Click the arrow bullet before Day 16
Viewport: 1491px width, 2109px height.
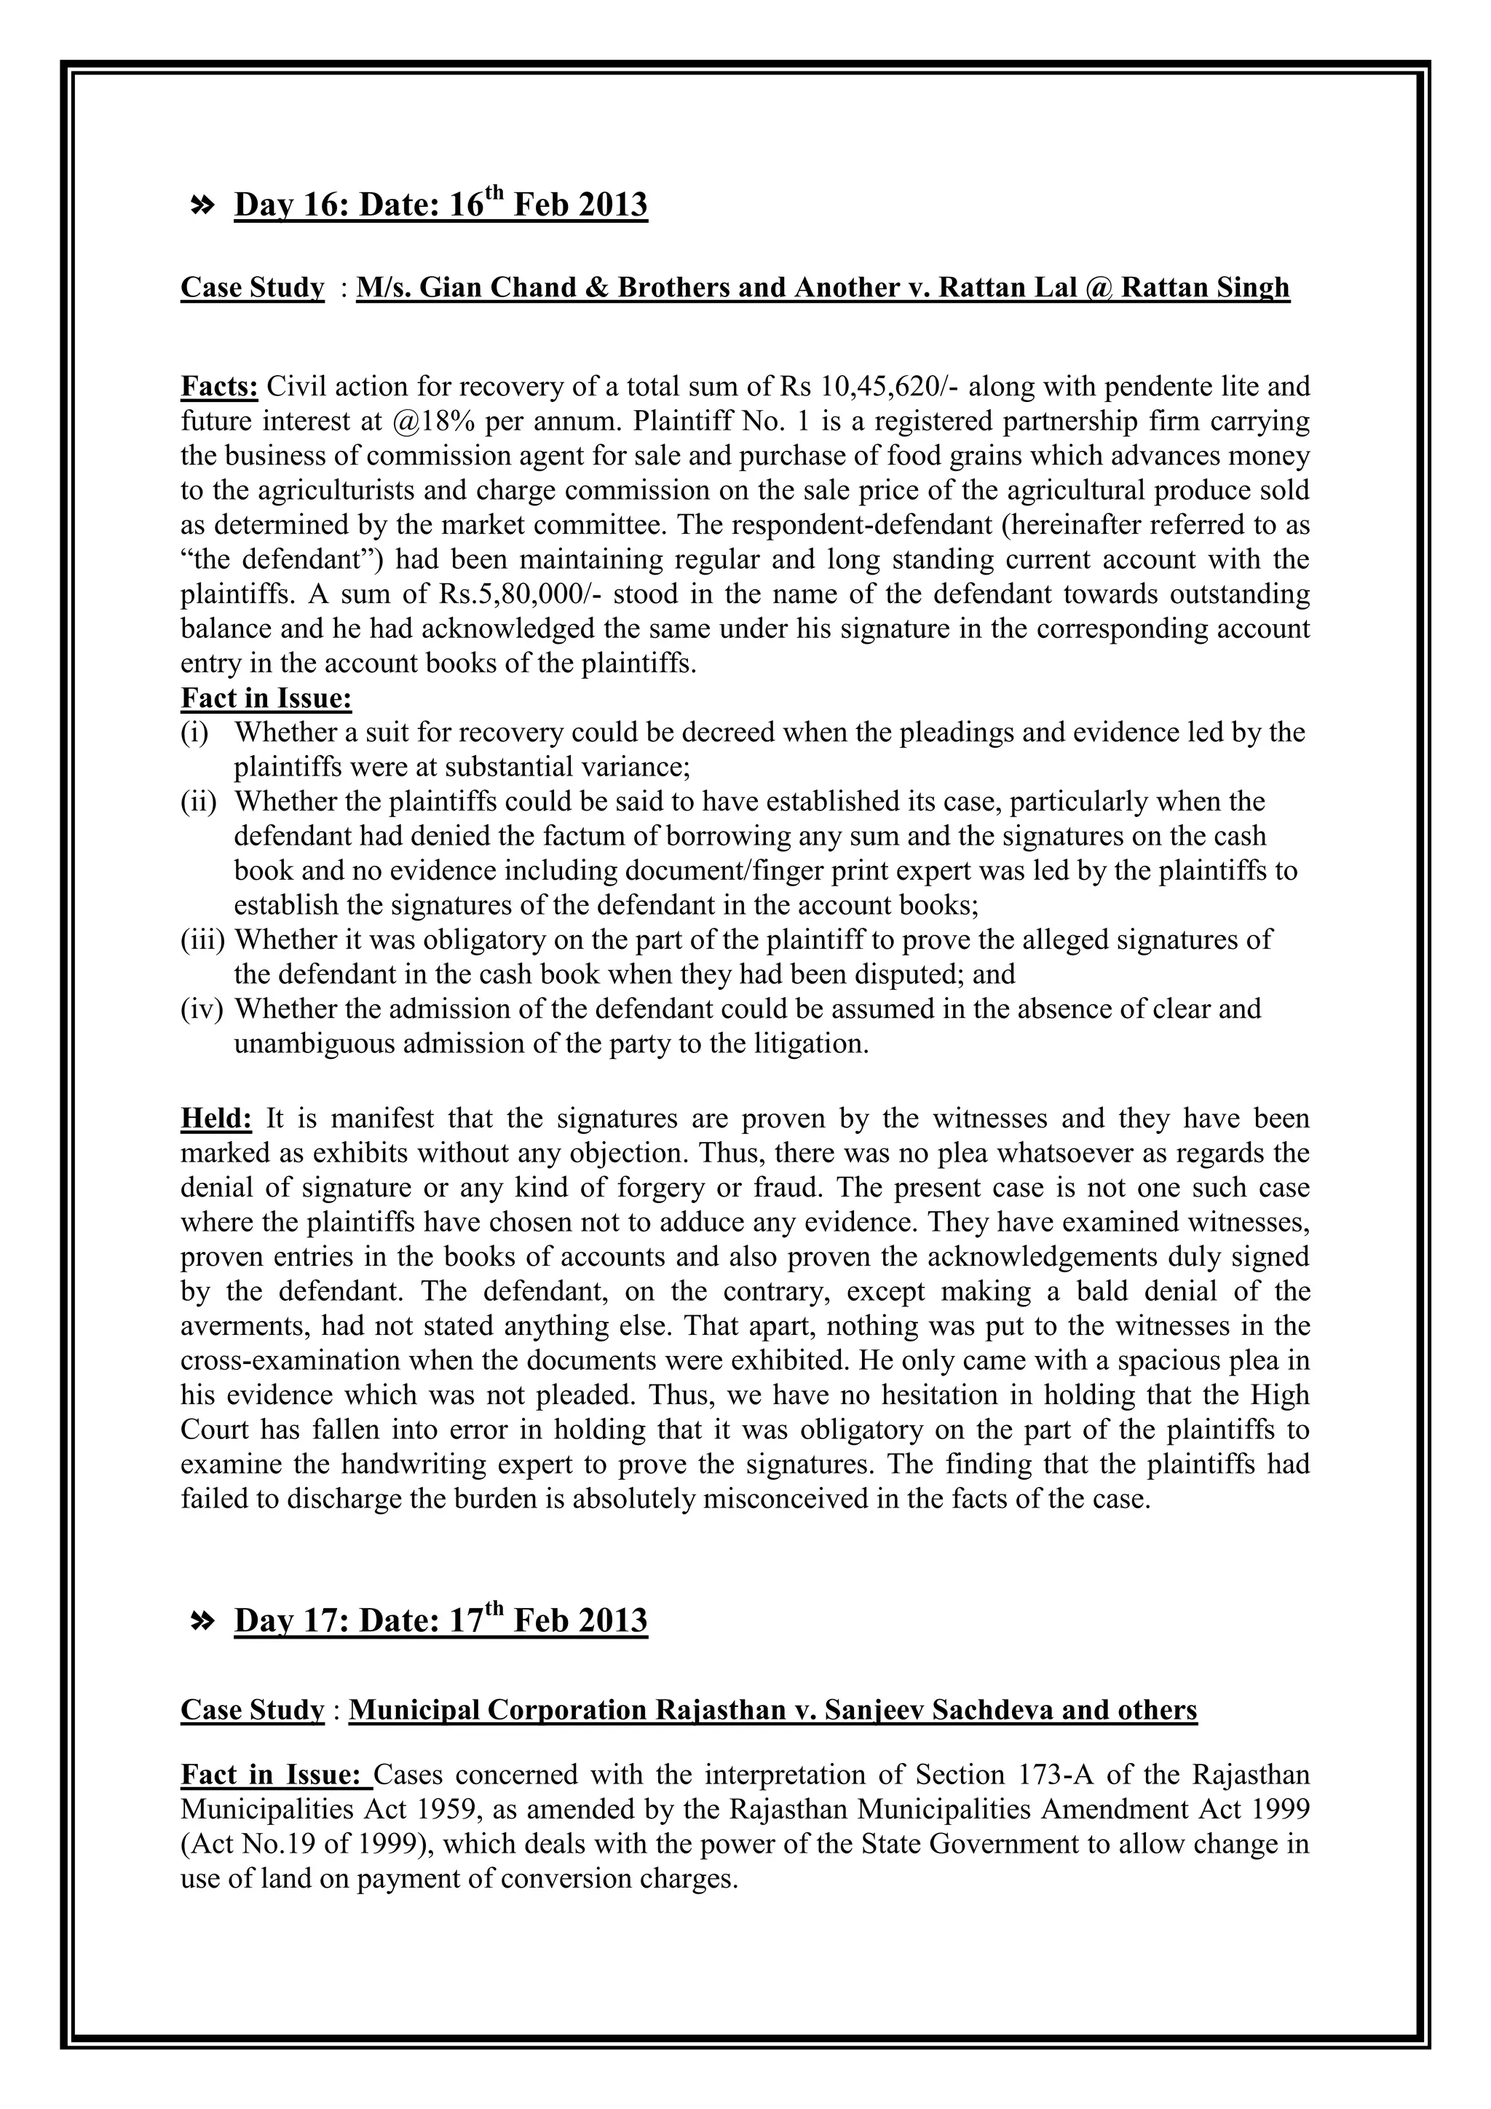[201, 206]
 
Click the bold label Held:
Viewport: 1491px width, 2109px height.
[215, 1119]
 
